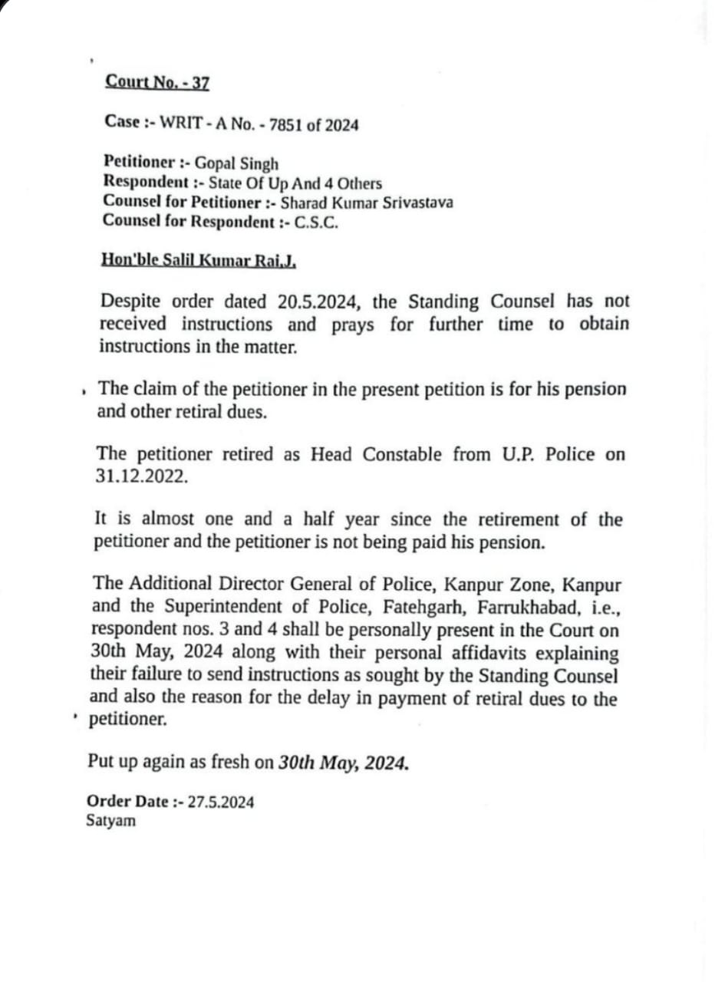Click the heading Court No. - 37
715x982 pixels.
click(x=157, y=82)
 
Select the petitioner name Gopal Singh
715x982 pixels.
click(x=236, y=163)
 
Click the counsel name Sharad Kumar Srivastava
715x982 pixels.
click(x=367, y=203)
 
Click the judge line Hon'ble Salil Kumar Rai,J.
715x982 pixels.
click(x=199, y=259)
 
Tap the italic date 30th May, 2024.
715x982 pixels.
click(x=343, y=763)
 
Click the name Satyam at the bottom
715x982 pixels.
click(x=111, y=820)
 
